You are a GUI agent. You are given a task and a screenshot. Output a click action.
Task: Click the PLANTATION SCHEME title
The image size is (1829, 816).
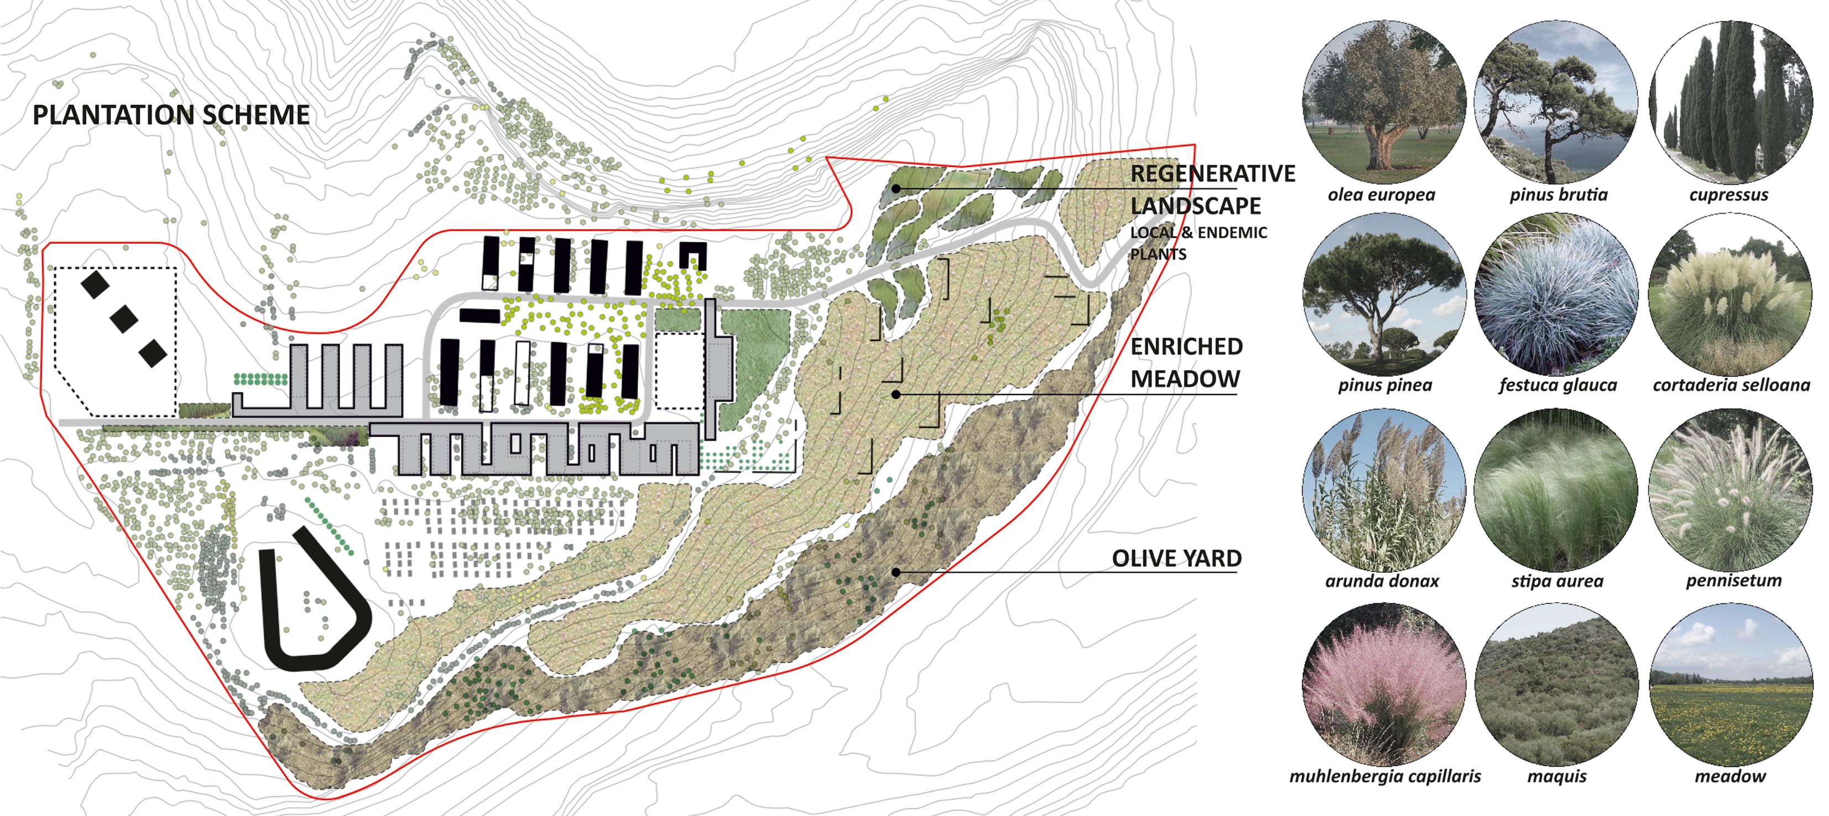171,115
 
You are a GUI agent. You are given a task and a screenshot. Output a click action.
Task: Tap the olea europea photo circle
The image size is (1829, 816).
1384,102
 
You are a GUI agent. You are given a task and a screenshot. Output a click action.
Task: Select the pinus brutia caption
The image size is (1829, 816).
1559,195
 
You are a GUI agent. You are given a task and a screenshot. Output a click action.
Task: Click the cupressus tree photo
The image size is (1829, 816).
1731,102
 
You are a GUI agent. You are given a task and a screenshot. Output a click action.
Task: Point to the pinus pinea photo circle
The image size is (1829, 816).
1384,295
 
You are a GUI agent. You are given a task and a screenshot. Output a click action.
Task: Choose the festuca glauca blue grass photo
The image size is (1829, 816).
1556,295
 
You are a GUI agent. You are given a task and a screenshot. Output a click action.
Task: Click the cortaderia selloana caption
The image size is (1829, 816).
1731,385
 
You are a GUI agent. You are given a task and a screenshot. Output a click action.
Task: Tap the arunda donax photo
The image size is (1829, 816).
1384,490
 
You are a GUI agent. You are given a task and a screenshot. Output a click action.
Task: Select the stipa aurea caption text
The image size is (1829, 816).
1557,581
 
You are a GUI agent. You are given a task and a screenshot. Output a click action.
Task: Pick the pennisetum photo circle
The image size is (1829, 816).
1731,490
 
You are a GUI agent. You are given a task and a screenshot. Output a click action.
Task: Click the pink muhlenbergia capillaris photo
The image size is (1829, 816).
1384,685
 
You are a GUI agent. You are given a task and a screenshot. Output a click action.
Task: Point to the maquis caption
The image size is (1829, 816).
1556,776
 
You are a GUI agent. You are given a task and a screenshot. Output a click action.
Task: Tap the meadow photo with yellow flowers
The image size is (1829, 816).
1731,685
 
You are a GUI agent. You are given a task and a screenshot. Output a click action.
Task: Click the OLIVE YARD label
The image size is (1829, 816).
1176,558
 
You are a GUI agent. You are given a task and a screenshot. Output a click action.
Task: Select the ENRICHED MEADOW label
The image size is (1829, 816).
1186,363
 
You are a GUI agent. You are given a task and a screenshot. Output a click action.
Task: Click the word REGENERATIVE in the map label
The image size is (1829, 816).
1213,173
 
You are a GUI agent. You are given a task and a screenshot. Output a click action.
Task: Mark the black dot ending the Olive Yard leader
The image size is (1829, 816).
896,572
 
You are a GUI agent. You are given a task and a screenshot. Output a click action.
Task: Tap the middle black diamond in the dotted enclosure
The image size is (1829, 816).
124,318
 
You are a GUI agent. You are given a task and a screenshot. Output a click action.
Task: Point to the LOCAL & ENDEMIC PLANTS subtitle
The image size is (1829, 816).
1199,243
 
